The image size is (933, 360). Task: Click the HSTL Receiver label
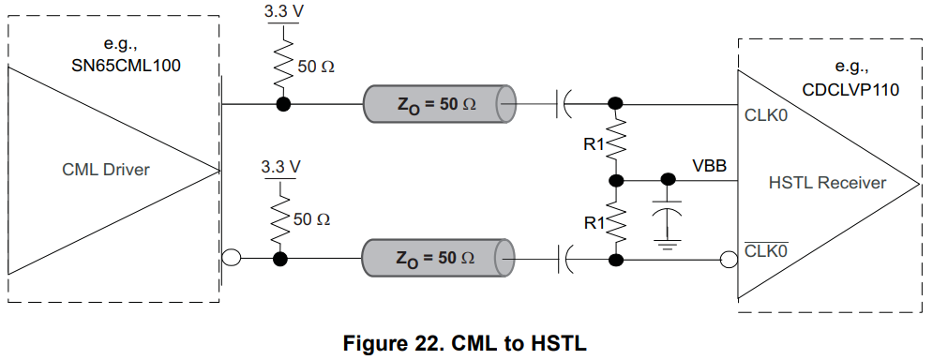826,183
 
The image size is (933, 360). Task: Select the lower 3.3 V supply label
281,167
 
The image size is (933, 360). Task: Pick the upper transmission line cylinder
441,103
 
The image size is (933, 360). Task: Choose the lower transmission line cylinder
441,257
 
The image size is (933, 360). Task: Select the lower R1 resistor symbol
616,221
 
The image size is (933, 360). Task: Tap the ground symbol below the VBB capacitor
668,246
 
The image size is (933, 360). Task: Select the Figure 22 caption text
466,341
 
